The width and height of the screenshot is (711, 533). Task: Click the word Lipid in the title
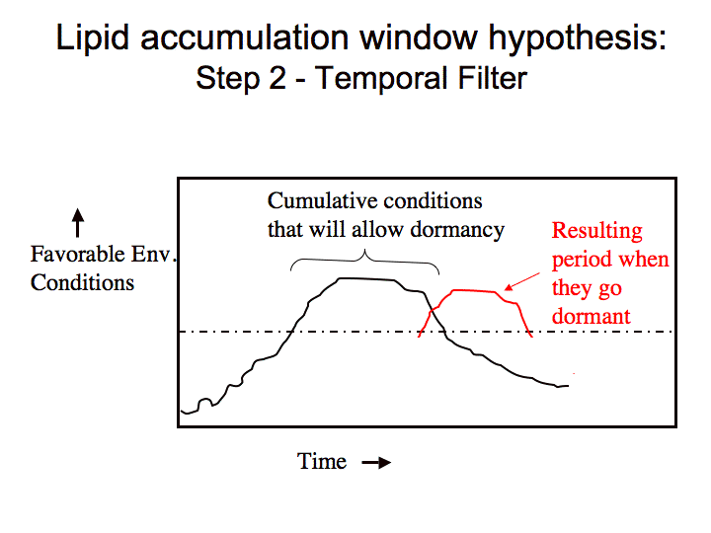click(x=93, y=38)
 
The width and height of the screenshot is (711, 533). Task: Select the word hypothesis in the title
click(x=577, y=38)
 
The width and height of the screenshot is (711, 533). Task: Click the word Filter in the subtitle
click(x=493, y=78)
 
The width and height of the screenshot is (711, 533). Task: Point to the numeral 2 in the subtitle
click(x=277, y=78)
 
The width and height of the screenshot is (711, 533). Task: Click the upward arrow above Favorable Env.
click(x=78, y=222)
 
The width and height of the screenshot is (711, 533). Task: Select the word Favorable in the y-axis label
click(x=77, y=254)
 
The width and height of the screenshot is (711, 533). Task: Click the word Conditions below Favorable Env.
click(x=82, y=283)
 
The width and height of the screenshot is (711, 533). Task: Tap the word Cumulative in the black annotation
click(x=323, y=200)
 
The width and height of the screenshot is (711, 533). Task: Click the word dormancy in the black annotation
click(x=457, y=230)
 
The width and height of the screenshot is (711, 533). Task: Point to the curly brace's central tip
click(x=365, y=250)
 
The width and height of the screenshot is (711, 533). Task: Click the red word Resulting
click(x=596, y=231)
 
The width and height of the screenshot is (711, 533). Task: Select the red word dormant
click(x=591, y=317)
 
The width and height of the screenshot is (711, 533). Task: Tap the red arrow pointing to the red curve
click(x=522, y=281)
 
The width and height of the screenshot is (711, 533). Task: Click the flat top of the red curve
click(x=474, y=290)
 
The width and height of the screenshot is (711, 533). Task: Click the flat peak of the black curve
click(x=366, y=279)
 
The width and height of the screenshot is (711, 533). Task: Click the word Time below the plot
click(x=322, y=461)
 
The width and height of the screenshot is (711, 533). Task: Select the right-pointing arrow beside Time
click(x=376, y=463)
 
